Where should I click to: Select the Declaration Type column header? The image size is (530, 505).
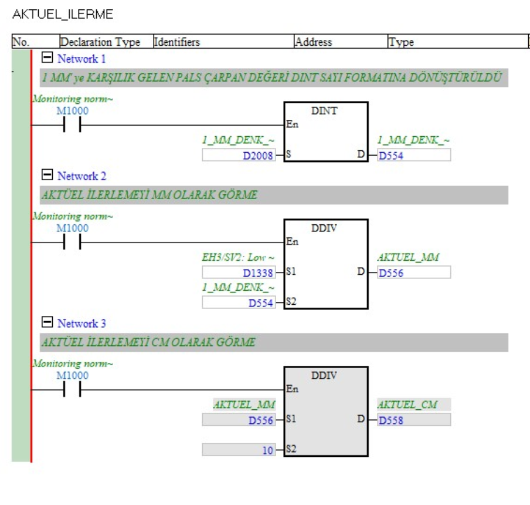[x=100, y=42]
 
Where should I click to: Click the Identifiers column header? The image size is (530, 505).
[x=176, y=42]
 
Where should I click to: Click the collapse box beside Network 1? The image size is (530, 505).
[x=48, y=59]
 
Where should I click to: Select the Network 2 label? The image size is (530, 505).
[x=81, y=176]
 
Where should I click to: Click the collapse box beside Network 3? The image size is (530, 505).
[x=48, y=323]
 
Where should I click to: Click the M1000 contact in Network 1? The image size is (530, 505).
[x=73, y=125]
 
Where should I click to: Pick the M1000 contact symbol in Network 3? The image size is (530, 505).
[x=73, y=389]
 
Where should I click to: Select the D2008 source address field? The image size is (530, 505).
[x=238, y=155]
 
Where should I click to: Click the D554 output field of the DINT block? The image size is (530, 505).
[x=414, y=155]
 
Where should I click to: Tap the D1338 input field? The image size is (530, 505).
[x=238, y=272]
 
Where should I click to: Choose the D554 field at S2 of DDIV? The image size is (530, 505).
[x=238, y=302]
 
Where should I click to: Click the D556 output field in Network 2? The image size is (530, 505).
[x=414, y=272]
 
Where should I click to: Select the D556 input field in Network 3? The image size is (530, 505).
[x=238, y=419]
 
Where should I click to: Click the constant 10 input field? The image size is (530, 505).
[x=238, y=449]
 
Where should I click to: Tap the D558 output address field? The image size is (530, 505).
[x=414, y=419]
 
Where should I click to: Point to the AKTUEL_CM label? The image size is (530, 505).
[x=413, y=405]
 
